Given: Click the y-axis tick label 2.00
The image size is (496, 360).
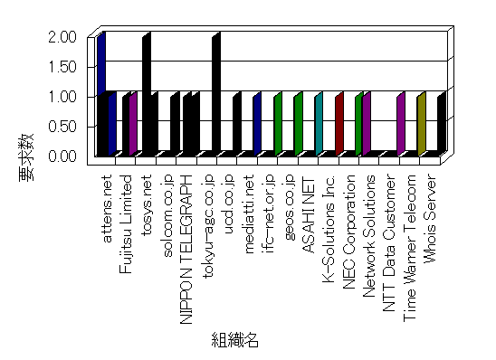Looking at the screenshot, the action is [x=62, y=37].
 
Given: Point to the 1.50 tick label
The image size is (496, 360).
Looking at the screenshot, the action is [x=62, y=67].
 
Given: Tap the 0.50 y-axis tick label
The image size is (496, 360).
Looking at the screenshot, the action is [x=62, y=127].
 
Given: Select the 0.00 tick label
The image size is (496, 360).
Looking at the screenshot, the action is [x=62, y=156].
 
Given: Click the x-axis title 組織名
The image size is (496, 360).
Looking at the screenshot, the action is [x=235, y=340].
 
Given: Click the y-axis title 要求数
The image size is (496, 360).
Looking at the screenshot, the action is [x=26, y=157].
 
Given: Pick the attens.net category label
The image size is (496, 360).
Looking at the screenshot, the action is [x=107, y=209].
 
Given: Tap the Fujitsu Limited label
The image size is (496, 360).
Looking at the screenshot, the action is [x=126, y=224].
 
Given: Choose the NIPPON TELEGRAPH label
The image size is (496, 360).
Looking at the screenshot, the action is [x=186, y=250].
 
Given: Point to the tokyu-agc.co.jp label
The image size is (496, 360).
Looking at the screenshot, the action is [x=208, y=226].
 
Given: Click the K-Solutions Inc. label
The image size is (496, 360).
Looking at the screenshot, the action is [x=329, y=229].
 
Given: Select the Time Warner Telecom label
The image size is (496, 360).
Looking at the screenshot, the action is [x=409, y=249].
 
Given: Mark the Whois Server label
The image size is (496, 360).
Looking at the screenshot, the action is [x=430, y=218].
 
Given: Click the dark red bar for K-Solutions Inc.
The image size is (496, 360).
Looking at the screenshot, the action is [x=339, y=124].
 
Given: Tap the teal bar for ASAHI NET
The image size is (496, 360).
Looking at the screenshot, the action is [x=319, y=124].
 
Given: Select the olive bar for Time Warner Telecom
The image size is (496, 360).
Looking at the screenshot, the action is [x=422, y=124].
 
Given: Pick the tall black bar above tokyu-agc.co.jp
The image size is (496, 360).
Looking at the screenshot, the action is [x=216, y=94].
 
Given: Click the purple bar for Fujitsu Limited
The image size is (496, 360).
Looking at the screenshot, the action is [x=133, y=124].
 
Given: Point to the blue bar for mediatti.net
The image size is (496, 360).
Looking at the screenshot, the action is [x=257, y=124].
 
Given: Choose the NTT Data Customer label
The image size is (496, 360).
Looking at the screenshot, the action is [x=389, y=242].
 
